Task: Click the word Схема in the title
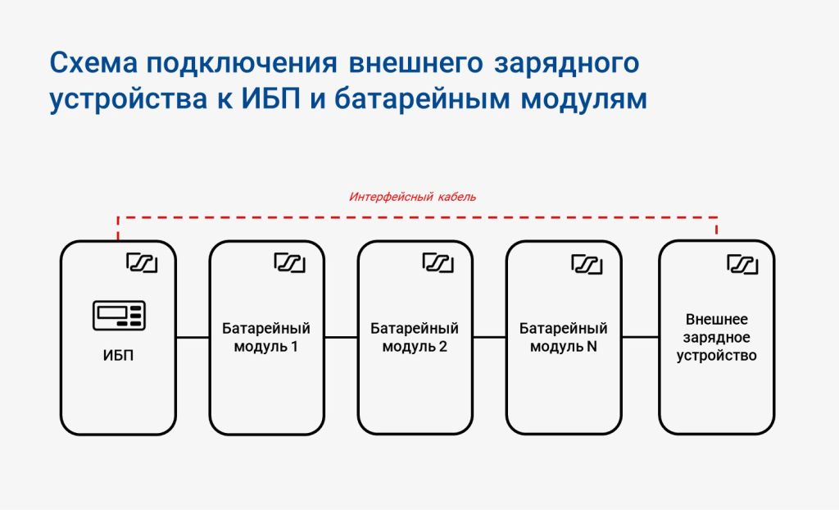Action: [x=93, y=63]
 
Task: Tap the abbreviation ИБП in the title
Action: [x=270, y=98]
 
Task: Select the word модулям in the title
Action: [x=583, y=100]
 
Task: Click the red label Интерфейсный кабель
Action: [x=413, y=197]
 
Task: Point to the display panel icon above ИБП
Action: [x=119, y=316]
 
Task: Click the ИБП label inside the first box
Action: [x=118, y=356]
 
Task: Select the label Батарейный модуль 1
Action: [x=266, y=338]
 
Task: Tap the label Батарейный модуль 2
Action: [x=414, y=338]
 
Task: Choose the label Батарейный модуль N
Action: [x=563, y=338]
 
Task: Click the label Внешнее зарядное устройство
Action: [x=716, y=338]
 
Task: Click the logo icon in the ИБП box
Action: [x=142, y=263]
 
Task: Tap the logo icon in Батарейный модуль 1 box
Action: [x=289, y=263]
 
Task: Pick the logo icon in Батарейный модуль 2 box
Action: [x=438, y=263]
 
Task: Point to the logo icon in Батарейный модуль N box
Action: [x=587, y=264]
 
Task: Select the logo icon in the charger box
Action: [x=742, y=264]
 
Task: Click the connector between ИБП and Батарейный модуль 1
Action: [x=193, y=338]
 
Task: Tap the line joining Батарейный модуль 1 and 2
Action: [x=341, y=338]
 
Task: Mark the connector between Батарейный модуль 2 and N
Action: [x=490, y=338]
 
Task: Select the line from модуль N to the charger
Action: [x=641, y=338]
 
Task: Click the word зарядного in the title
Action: [x=566, y=64]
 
